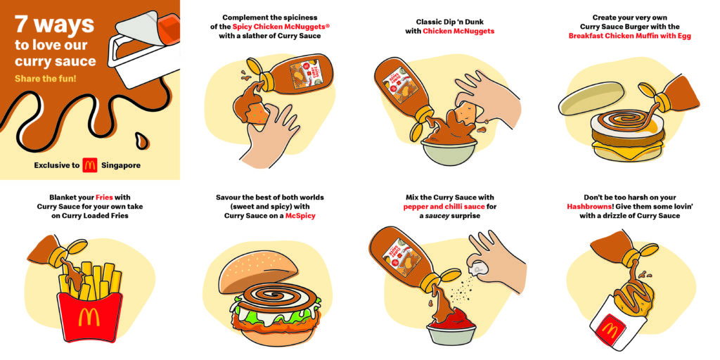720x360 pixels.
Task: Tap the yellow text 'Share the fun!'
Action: click(46, 79)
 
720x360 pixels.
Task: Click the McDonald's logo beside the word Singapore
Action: click(90, 165)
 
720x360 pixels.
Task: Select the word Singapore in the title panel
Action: click(121, 165)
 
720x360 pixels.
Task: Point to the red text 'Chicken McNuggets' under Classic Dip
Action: click(458, 31)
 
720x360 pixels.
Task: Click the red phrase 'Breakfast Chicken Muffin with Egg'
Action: click(629, 36)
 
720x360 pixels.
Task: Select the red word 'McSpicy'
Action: click(300, 215)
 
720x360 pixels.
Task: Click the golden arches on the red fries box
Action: click(89, 317)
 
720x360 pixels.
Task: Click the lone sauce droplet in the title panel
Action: click(142, 140)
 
